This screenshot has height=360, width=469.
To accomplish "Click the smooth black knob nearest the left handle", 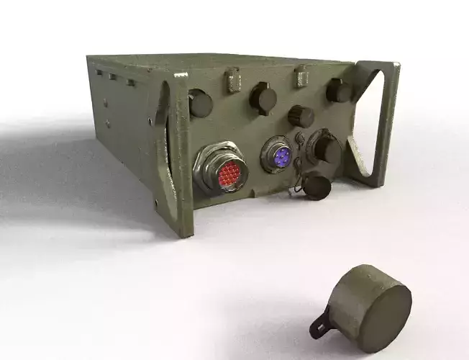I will (x=201, y=104).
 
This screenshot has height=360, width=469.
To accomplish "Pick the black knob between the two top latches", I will (x=264, y=96).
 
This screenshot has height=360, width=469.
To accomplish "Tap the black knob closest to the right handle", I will (x=337, y=91).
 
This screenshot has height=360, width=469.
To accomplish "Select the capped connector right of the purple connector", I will (x=325, y=150).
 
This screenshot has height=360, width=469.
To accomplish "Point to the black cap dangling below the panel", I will (x=317, y=186).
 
